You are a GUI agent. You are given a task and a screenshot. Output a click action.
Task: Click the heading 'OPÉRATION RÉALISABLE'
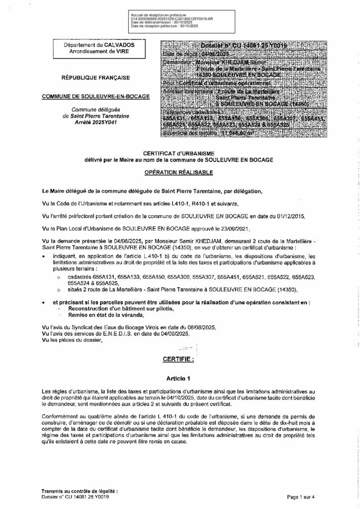180,172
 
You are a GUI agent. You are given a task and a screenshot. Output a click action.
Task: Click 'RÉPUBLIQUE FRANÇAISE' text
103,77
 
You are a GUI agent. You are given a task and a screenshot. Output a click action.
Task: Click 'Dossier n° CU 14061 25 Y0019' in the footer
75,497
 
